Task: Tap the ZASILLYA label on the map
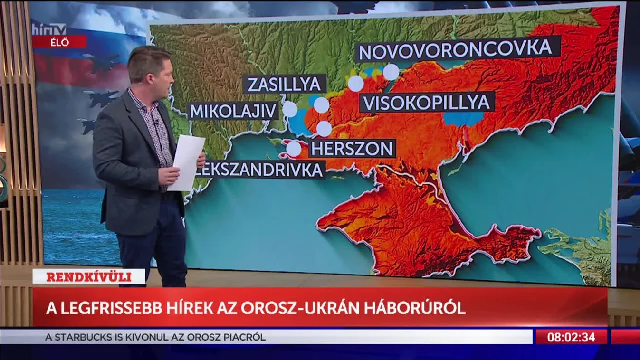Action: point(284,84)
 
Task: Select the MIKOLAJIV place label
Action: point(233,111)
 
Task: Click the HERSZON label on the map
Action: point(352,148)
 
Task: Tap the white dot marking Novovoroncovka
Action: point(391,72)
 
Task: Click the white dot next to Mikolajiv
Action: point(290,109)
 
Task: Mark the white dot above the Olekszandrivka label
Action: point(294,149)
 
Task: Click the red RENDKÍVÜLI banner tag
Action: point(89,277)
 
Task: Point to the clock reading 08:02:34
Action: point(571,337)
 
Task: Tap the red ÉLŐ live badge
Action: point(60,42)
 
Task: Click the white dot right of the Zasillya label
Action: point(322,105)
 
